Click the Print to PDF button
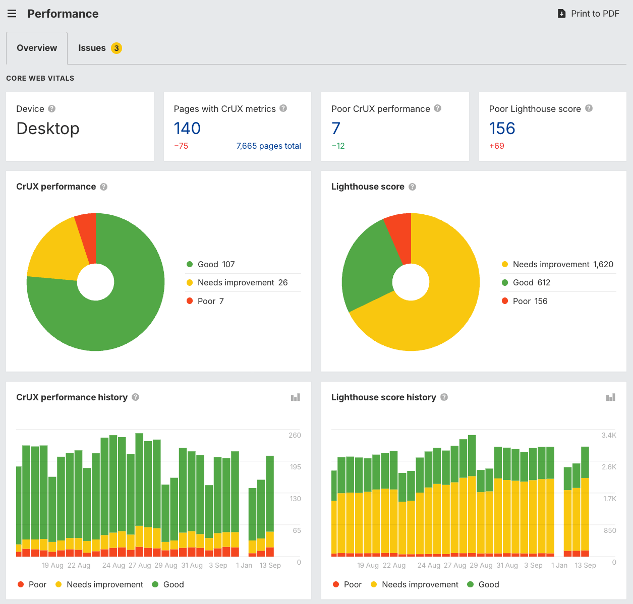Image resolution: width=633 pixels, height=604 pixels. click(x=588, y=14)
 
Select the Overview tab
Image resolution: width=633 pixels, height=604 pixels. click(x=37, y=48)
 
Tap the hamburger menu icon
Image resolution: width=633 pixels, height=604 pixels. click(x=12, y=14)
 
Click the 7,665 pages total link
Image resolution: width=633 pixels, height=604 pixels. click(x=268, y=146)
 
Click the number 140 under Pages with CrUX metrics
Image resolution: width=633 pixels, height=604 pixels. click(x=187, y=129)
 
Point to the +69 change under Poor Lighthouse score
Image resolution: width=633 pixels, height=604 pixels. click(x=496, y=146)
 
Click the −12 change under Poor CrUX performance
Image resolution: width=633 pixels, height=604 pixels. click(x=338, y=146)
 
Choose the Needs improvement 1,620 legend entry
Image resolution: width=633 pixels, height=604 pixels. click(x=558, y=264)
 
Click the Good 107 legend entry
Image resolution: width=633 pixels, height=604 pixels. click(x=211, y=264)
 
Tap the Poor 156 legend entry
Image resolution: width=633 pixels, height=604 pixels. click(x=525, y=301)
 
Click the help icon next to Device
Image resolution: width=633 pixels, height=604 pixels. click(x=51, y=108)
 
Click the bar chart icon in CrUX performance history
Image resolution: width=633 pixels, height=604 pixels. click(x=296, y=397)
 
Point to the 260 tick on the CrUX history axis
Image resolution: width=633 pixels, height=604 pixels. click(x=295, y=435)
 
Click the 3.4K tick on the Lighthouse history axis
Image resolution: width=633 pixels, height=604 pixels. click(x=609, y=435)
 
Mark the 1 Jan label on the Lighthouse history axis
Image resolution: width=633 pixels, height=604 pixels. click(x=559, y=565)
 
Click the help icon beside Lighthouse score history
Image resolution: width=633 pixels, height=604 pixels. click(x=444, y=397)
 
